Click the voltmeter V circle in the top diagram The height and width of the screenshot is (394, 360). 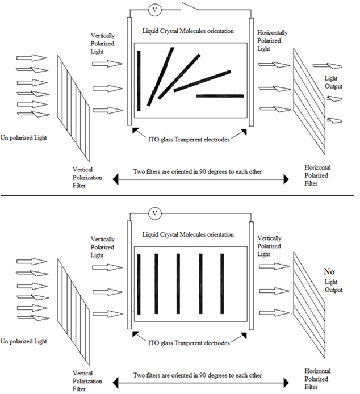click(154, 10)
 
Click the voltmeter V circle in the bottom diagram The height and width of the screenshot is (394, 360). click(154, 213)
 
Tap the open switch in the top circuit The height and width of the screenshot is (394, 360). click(190, 6)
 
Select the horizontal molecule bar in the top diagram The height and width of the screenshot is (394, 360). click(220, 96)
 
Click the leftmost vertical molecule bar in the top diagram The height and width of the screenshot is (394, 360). click(139, 81)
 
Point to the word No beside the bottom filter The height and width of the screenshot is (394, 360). click(329, 271)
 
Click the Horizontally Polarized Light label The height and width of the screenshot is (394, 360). click(272, 41)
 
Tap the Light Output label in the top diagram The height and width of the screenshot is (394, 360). click(333, 82)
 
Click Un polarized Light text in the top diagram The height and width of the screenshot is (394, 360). click(24, 138)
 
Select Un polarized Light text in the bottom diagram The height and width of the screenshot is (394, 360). click(24, 341)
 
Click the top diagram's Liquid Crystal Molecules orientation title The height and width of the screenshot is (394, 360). click(188, 31)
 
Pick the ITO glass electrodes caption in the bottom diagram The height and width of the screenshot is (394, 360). click(189, 343)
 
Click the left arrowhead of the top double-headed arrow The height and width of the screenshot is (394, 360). click(116, 179)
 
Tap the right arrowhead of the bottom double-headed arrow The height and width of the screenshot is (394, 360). click(286, 383)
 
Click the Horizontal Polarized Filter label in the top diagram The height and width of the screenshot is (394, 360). click(317, 175)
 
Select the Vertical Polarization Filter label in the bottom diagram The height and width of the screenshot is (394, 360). click(87, 381)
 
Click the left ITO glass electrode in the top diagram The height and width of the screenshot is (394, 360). click(129, 71)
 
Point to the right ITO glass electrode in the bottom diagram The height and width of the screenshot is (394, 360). click(251, 275)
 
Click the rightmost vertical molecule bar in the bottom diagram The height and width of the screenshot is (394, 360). click(222, 284)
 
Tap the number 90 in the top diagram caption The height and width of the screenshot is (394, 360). click(203, 172)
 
